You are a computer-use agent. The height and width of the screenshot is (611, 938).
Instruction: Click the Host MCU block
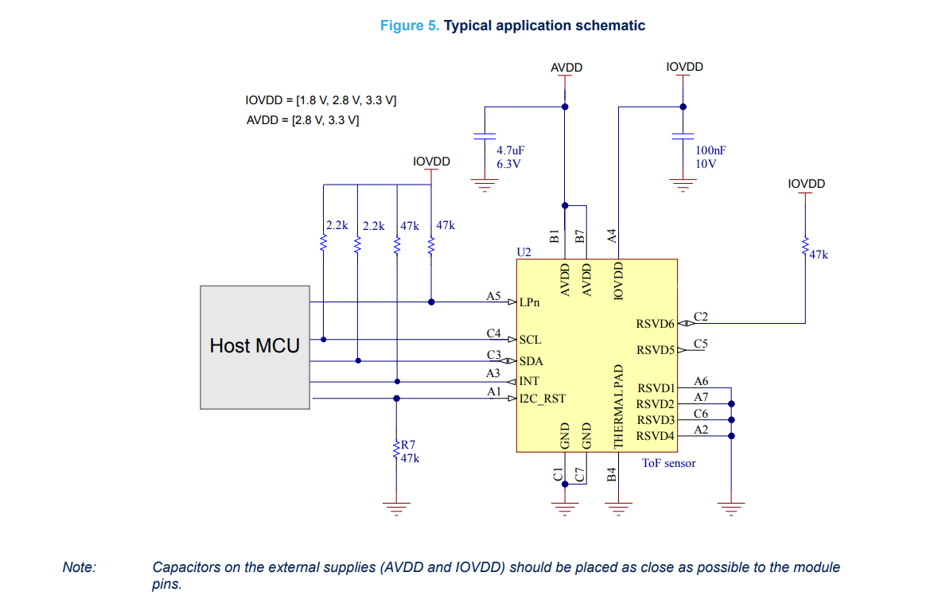pos(255,347)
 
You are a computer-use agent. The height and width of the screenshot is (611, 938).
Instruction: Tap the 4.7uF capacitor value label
pos(510,150)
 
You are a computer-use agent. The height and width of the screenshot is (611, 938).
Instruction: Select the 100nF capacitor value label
pos(710,150)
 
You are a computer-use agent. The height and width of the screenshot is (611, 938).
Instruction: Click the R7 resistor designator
pos(408,445)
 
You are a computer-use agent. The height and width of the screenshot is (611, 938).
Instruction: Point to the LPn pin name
pos(529,302)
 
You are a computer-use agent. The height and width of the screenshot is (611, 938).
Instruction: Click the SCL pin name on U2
pos(530,340)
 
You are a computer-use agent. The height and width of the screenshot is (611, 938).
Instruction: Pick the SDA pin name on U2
pos(531,361)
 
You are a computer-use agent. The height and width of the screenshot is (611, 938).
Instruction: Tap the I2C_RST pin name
pos(542,399)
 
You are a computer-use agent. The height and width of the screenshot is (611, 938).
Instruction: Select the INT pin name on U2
pos(529,381)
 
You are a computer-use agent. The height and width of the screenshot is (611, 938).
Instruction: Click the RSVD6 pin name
pos(655,324)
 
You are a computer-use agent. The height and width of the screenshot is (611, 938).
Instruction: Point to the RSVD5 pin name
pos(656,350)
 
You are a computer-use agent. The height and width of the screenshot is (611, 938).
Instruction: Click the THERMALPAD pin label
pos(618,407)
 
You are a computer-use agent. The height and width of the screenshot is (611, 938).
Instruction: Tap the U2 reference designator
pos(523,252)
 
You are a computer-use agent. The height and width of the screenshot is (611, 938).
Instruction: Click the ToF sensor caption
pos(669,463)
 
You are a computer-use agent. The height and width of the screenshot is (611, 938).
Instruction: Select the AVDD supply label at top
pos(566,68)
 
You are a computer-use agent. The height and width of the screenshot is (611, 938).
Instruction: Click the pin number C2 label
pos(700,317)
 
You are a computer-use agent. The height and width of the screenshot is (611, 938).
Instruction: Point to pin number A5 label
pos(493,296)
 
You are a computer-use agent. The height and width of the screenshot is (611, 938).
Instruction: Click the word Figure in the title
pos(403,25)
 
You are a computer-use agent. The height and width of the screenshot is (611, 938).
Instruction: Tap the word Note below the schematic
pos(80,567)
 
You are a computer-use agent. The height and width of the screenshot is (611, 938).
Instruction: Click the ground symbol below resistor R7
pos(396,508)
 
